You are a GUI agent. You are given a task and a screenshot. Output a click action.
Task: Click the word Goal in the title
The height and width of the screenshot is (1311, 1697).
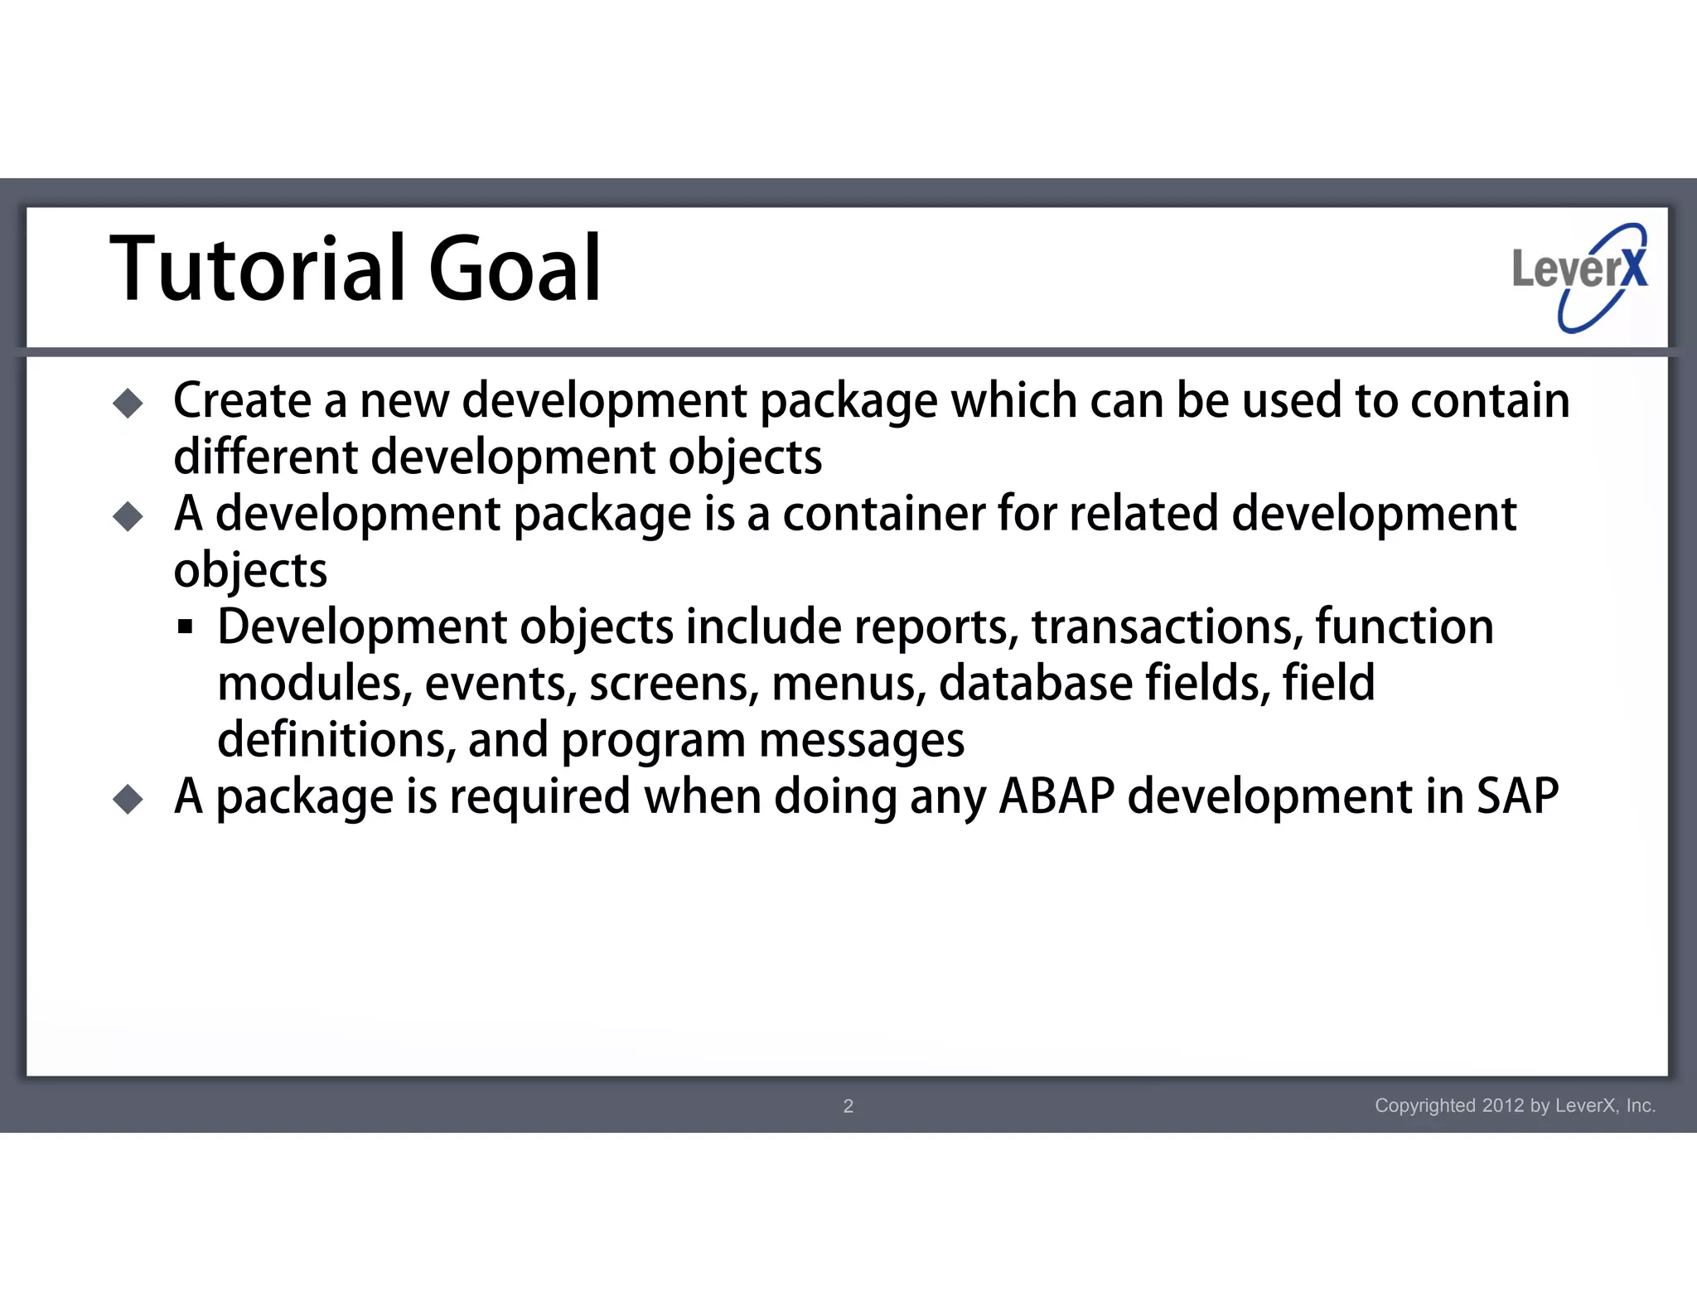click(x=514, y=269)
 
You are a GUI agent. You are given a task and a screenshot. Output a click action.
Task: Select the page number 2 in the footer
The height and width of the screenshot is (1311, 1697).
click(x=848, y=1105)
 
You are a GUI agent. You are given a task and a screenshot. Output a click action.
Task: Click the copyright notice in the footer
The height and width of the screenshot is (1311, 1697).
click(x=1515, y=1105)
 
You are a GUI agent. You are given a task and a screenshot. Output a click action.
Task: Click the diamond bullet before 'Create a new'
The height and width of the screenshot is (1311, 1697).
click(x=128, y=404)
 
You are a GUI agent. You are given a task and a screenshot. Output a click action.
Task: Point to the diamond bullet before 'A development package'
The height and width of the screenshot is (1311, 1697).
click(x=128, y=517)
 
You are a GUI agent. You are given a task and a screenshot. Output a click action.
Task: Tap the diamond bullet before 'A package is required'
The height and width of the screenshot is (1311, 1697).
click(x=128, y=800)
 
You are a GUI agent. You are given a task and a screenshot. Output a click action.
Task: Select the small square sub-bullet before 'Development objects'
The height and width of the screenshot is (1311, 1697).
click(x=185, y=626)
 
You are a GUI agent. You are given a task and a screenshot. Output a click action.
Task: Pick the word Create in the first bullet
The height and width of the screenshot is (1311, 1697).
click(x=242, y=401)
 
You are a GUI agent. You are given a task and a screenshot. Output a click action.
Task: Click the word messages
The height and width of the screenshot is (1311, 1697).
click(x=862, y=740)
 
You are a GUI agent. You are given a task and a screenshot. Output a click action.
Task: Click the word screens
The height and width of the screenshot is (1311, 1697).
click(x=672, y=685)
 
